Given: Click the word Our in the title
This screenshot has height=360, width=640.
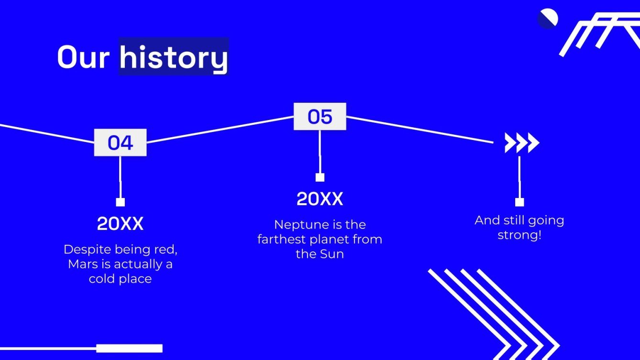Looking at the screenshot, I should pos(85,57).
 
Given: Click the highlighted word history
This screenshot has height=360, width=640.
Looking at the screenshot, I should pos(173,57).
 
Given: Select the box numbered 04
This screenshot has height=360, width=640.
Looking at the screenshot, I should pos(120,142).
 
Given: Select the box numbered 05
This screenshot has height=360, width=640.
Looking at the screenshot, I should pos(320,116).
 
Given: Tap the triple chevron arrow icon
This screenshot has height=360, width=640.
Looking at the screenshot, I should pos(521,143).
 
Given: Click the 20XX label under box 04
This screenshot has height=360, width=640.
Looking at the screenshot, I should pos(120,224).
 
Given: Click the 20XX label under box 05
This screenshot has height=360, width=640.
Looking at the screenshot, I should pos(320,199).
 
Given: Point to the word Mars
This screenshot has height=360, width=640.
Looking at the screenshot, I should pos(83,264).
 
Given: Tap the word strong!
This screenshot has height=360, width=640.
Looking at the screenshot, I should pos(519,235).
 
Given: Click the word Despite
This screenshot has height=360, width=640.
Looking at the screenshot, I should pos(85,249).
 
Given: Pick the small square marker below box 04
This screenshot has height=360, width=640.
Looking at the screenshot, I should pos(120,202).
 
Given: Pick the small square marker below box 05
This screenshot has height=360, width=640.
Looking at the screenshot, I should pos(320,177).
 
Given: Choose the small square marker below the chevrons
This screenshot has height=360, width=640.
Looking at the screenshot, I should pos(519,202).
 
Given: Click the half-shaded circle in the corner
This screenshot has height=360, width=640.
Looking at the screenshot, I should pos(547,19).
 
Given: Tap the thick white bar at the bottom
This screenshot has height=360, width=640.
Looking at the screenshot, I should pos(129,348).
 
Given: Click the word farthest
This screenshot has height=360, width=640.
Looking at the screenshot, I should pos(283,239).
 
